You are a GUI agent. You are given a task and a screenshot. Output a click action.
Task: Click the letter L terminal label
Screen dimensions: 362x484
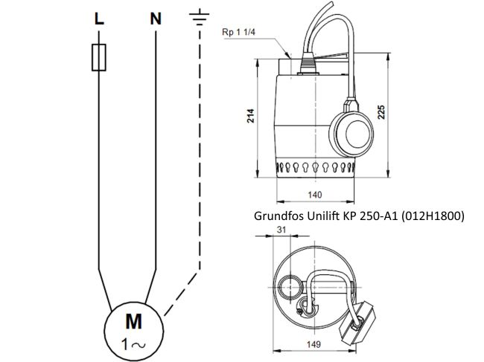(x=99, y=20)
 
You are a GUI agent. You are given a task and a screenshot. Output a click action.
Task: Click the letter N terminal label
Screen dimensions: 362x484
(x=156, y=20)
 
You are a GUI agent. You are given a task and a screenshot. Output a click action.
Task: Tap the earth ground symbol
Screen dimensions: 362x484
(x=200, y=17)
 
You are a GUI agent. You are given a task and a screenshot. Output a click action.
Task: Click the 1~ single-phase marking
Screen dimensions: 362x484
(x=134, y=343)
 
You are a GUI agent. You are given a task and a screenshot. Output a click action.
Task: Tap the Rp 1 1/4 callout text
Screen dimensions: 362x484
(x=239, y=33)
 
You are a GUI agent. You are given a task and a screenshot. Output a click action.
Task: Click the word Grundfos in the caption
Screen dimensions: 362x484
(x=277, y=216)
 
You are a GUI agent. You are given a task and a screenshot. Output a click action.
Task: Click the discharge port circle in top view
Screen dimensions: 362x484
(x=287, y=285)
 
